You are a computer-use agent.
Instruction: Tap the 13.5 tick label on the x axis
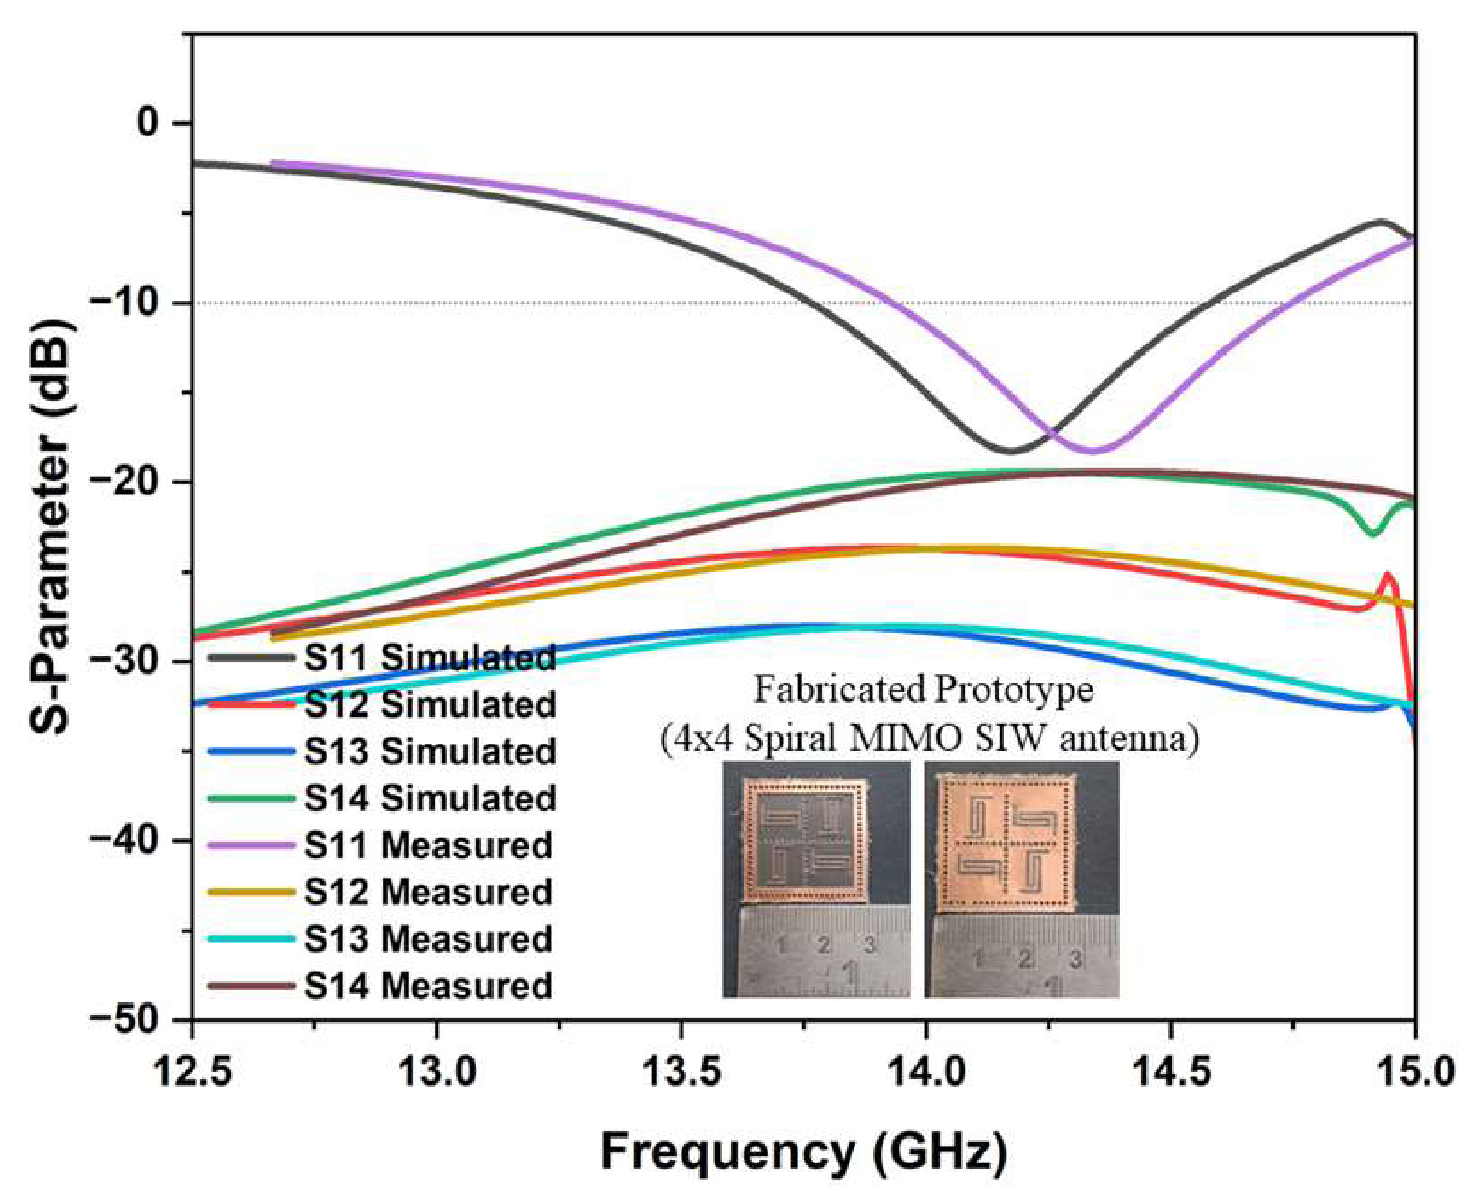click(x=681, y=1072)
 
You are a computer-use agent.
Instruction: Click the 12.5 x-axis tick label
click(x=192, y=1072)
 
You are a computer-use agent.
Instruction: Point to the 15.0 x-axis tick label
click(x=1414, y=1072)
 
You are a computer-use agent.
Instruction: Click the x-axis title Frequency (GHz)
click(x=803, y=1151)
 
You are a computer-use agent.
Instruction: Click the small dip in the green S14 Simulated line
click(x=1372, y=533)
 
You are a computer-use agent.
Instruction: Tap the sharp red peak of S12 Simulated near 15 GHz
click(x=1388, y=575)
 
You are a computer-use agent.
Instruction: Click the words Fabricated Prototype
click(x=924, y=690)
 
